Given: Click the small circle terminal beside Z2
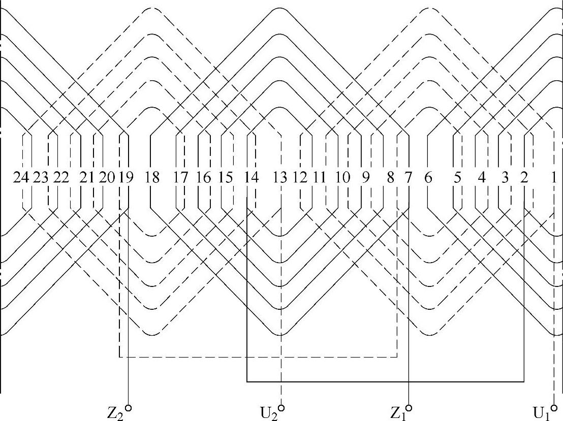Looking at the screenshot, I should point(129,407).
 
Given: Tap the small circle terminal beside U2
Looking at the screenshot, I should point(281,407).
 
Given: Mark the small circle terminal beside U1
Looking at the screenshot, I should point(554,407).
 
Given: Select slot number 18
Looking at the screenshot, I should point(152,178).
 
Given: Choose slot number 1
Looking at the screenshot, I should point(554,178).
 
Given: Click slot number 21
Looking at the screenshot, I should point(87,178).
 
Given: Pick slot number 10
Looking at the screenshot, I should point(343,178).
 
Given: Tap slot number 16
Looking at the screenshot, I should point(203,178).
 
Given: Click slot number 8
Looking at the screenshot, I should point(390,178).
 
